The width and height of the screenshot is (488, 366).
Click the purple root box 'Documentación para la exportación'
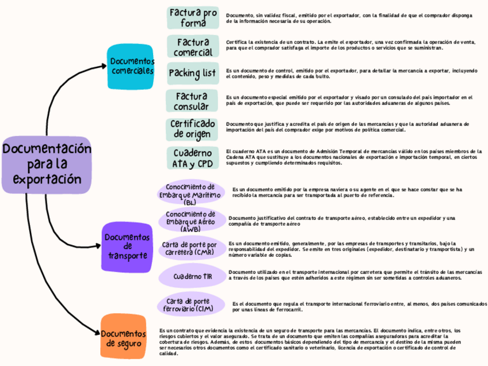pyautogui.click(x=47, y=165)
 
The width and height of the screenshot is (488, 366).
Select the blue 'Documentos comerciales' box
pyautogui.click(x=132, y=66)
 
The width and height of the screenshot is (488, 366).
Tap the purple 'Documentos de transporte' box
pyautogui.click(x=127, y=246)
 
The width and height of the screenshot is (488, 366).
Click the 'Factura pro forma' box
pyautogui.click(x=193, y=18)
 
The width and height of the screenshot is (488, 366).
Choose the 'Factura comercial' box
pyautogui.click(x=193, y=47)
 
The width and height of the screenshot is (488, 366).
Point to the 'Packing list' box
pyautogui.click(x=192, y=74)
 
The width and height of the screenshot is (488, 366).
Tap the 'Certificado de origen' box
pyautogui.click(x=193, y=129)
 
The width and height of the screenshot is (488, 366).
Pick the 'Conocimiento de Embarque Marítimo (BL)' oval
pyautogui.click(x=190, y=194)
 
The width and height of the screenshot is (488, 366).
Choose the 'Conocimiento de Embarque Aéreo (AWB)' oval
pyautogui.click(x=190, y=222)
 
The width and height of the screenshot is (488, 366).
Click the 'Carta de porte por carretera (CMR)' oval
pyautogui.click(x=190, y=249)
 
